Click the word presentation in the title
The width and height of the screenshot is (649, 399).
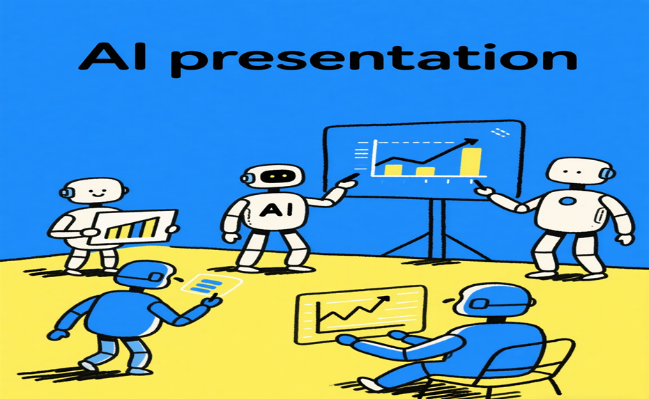point(374,60)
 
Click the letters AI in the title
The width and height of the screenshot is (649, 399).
point(112,55)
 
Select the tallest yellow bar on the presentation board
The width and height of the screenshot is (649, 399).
point(471,162)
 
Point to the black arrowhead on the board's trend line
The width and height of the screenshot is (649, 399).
point(471,142)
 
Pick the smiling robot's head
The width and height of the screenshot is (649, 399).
point(93,191)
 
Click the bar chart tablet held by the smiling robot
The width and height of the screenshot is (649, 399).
point(134,227)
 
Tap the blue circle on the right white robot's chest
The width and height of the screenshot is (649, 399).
point(567,201)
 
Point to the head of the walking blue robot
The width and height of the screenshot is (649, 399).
point(143,274)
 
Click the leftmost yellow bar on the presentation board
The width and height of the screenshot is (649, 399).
point(393,170)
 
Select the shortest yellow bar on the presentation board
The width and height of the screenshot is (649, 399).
point(425,171)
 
